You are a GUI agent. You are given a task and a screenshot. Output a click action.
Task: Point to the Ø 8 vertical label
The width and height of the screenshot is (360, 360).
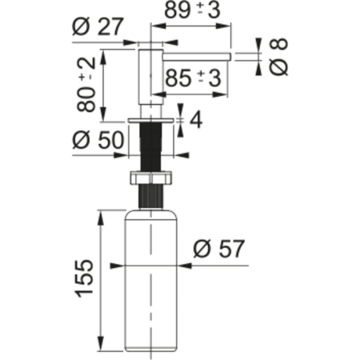[x=277, y=56]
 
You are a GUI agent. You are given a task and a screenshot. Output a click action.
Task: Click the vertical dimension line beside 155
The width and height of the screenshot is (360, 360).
[x=102, y=280]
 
